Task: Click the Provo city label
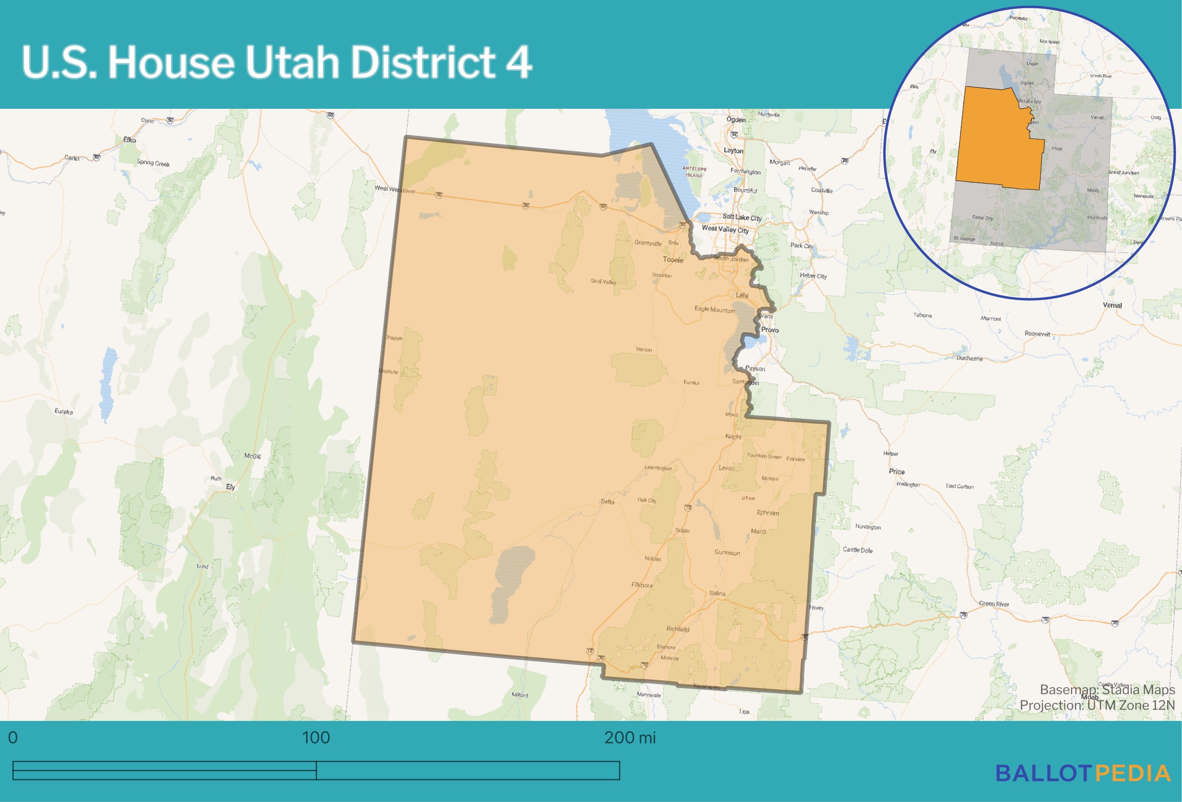[x=770, y=330]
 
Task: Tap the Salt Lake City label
[x=742, y=217]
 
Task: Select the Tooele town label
[x=673, y=260]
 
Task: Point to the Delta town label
[x=607, y=501]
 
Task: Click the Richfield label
[x=678, y=629]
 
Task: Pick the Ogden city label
[x=736, y=120]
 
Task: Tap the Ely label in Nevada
[x=231, y=487]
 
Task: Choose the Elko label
[x=129, y=140]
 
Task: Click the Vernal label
[x=1112, y=305]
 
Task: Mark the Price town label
[x=897, y=471]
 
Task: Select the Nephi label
[x=733, y=437]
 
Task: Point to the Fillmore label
[x=642, y=585]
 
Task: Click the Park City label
[x=802, y=246]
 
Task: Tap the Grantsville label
[x=647, y=243]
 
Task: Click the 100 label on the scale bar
[x=316, y=737]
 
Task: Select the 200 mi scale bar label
[x=630, y=737]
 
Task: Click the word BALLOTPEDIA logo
[x=1083, y=773]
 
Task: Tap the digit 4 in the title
[x=519, y=62]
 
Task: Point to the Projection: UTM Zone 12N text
[x=1097, y=705]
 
